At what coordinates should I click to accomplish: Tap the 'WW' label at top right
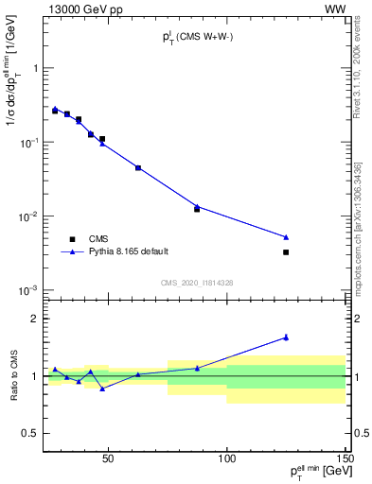point(336,9)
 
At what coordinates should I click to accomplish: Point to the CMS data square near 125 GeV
point(286,252)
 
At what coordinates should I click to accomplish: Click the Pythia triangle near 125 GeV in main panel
point(286,236)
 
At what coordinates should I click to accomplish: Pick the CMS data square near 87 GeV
point(197,209)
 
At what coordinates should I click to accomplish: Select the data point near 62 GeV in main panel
point(138,167)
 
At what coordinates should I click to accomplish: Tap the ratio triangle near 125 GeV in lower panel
point(286,337)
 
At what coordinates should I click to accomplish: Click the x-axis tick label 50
point(108,459)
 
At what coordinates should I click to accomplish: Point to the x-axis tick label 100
point(227,459)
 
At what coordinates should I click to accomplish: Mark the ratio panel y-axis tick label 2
point(35,319)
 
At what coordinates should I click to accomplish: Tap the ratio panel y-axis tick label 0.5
point(31,433)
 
